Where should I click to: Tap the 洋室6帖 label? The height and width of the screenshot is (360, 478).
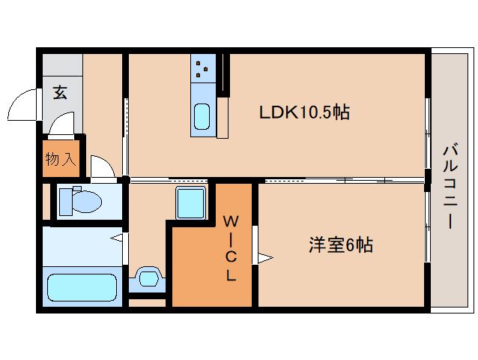click(342, 244)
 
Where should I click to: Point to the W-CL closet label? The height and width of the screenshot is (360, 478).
click(232, 248)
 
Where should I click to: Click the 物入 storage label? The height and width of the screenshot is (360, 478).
click(60, 159)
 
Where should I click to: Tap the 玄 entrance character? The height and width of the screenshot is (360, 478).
click(60, 93)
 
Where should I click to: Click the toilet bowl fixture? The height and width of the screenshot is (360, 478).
click(81, 200)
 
